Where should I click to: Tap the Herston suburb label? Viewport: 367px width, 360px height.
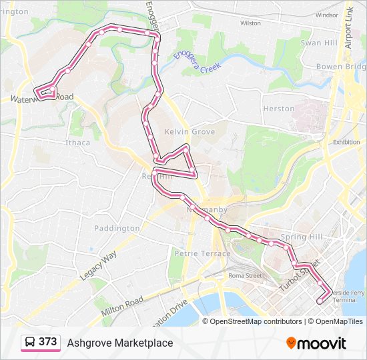tap(278, 109)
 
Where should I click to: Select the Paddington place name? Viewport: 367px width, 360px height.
tap(117, 228)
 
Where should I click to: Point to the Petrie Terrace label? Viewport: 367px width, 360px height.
tap(202, 253)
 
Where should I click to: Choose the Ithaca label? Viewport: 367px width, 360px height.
tap(77, 143)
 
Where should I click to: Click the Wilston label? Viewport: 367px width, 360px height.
tap(250, 23)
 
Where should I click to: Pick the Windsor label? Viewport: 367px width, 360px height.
tap(327, 15)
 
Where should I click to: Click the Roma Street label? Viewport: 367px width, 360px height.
tap(245, 275)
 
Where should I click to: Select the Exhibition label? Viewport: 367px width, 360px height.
tap(346, 142)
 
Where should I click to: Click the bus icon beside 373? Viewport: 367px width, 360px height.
tap(30, 343)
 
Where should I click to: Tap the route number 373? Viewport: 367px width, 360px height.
tap(48, 342)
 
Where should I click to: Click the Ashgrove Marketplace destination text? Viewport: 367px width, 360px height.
tap(119, 343)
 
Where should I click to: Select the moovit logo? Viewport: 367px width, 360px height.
tap(316, 343)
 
